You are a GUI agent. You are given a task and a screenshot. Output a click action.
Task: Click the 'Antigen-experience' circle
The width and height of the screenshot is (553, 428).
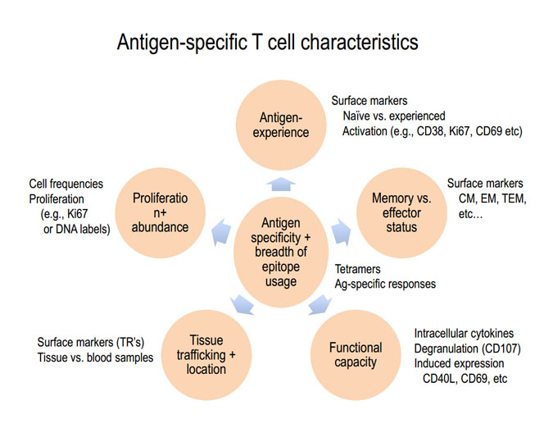tap(281, 125)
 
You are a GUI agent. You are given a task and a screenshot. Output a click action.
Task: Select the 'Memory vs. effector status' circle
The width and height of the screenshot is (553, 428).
tap(401, 212)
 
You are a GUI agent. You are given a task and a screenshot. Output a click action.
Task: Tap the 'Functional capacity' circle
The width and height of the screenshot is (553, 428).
tap(356, 355)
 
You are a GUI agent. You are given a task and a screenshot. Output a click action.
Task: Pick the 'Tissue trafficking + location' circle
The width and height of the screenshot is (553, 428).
tap(206, 355)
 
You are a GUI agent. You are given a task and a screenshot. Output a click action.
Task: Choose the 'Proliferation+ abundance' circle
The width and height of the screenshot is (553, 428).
tap(160, 212)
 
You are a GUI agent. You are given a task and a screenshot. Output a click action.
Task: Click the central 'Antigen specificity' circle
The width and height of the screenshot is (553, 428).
tap(281, 253)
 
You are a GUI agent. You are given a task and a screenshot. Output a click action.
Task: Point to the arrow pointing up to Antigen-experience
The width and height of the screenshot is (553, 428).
tap(281, 184)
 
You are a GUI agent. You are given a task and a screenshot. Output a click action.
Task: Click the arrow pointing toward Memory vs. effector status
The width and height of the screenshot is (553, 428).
tap(341, 232)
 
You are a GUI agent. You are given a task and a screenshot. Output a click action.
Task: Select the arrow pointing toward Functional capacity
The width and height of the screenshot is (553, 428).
tap(320, 304)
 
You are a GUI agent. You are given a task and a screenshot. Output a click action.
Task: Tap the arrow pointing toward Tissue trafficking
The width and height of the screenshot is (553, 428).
tap(242, 304)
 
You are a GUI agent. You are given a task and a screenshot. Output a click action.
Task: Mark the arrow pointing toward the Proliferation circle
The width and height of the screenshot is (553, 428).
tap(221, 232)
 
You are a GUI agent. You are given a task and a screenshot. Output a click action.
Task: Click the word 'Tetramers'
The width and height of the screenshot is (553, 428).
tap(358, 269)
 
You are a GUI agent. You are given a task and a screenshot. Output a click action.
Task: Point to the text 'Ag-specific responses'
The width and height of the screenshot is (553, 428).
tap(385, 284)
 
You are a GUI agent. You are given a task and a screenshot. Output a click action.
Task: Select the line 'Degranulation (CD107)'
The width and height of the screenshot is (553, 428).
tap(467, 348)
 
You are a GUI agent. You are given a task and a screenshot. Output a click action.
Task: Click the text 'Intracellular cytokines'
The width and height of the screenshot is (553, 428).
tap(464, 334)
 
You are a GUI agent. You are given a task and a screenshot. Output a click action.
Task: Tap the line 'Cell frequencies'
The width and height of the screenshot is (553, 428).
tap(66, 184)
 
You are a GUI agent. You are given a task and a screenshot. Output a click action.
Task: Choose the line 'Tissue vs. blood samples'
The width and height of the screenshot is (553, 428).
tap(95, 357)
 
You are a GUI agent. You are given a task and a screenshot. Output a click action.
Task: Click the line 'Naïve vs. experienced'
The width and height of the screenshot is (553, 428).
tap(394, 116)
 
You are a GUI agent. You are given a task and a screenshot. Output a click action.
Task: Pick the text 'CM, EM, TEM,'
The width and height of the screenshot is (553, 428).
tap(492, 198)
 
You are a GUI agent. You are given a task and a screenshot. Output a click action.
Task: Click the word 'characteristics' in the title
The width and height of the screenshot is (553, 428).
tap(360, 42)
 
